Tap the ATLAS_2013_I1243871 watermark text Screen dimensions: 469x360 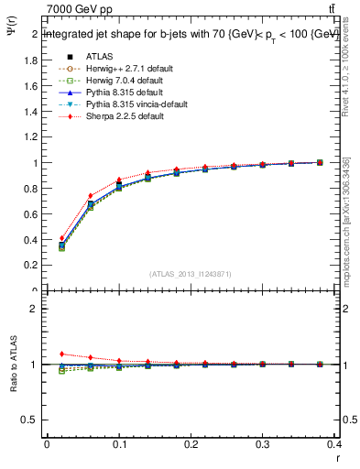190,273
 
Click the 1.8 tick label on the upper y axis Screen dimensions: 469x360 30,60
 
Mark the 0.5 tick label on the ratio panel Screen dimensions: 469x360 30,420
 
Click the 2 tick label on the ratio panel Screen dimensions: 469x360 34,310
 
